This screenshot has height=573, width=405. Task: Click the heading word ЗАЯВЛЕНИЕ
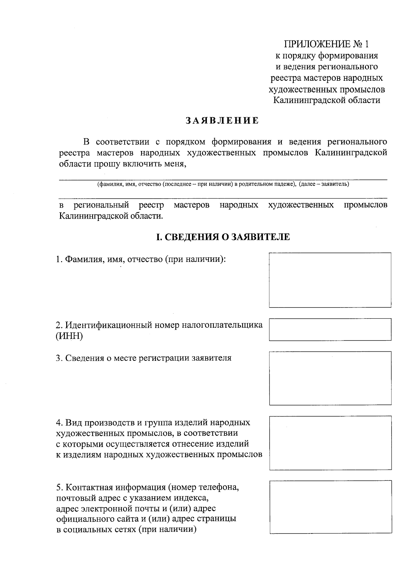(x=222, y=121)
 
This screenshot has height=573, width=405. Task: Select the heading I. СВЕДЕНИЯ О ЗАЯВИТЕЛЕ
(x=223, y=237)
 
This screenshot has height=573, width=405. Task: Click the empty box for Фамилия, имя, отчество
(x=330, y=280)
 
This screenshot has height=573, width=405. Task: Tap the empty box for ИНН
(x=330, y=329)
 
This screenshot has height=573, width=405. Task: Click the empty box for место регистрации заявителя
(x=330, y=378)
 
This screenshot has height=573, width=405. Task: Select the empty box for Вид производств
(x=330, y=443)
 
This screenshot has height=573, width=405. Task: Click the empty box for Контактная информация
(x=330, y=507)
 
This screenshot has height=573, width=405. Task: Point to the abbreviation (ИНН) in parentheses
(x=69, y=337)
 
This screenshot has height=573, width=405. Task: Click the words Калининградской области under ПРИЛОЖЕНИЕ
(x=326, y=100)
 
